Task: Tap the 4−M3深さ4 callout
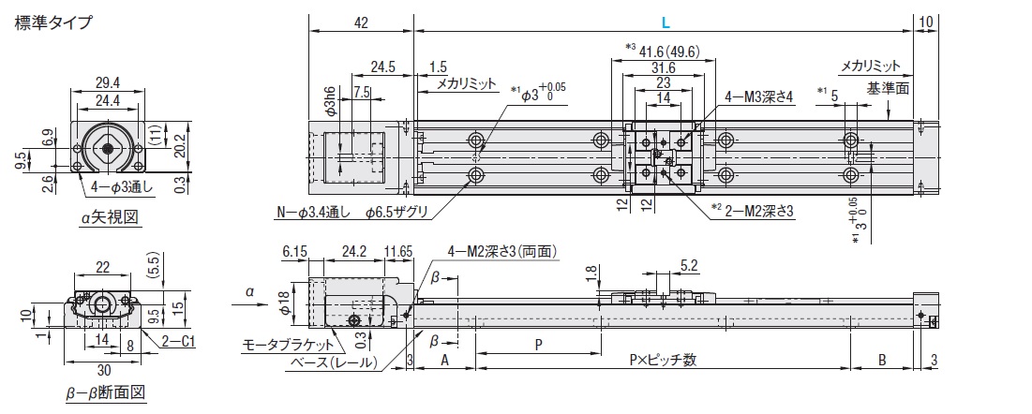[758, 96]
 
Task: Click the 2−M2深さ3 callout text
[758, 211]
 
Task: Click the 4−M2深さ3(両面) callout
[502, 251]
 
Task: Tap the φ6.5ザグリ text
[397, 213]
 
